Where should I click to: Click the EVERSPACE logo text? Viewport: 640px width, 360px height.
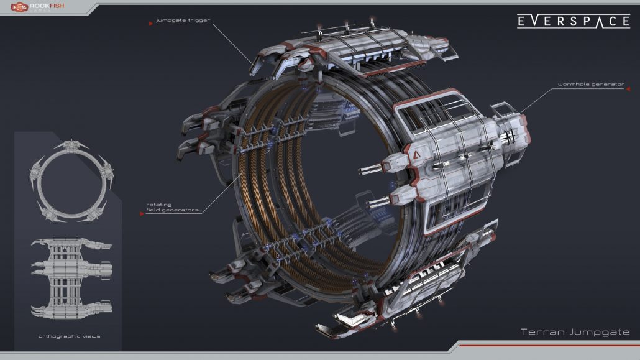574,21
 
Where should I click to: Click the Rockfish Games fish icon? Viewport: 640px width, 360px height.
19,7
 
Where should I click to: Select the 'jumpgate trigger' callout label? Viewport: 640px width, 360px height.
183,20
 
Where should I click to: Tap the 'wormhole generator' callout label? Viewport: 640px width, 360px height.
591,84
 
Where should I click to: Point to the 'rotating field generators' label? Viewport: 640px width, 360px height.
172,207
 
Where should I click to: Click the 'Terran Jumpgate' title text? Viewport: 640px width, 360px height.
575,332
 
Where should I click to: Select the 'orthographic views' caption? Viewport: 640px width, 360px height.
70,336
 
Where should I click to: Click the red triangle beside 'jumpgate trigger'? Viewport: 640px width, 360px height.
151,24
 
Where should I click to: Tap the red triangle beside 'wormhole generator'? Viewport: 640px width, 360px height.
628,89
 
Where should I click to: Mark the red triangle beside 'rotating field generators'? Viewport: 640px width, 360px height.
142,214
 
